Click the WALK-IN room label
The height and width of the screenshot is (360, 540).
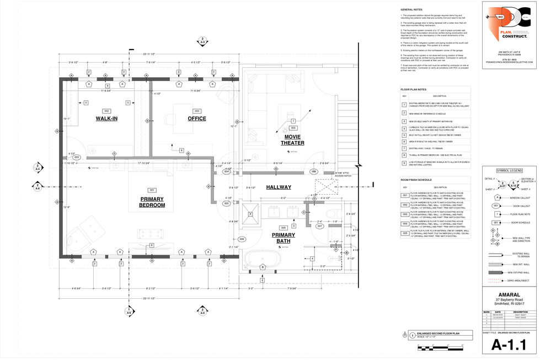coord(106,119)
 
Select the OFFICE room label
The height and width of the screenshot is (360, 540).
coord(196,119)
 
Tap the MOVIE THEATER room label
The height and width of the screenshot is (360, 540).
coord(292,139)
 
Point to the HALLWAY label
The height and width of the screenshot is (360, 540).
coord(279,187)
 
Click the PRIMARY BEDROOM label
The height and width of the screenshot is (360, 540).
coord(152,202)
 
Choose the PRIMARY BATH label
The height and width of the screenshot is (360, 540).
coord(284,238)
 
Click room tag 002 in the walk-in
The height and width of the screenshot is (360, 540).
coord(106,111)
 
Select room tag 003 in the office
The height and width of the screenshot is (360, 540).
coord(196,111)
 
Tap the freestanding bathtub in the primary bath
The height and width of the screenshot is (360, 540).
coord(263,257)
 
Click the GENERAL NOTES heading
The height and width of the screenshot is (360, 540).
coord(411,10)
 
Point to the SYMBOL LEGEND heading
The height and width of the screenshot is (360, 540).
coord(509,170)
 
